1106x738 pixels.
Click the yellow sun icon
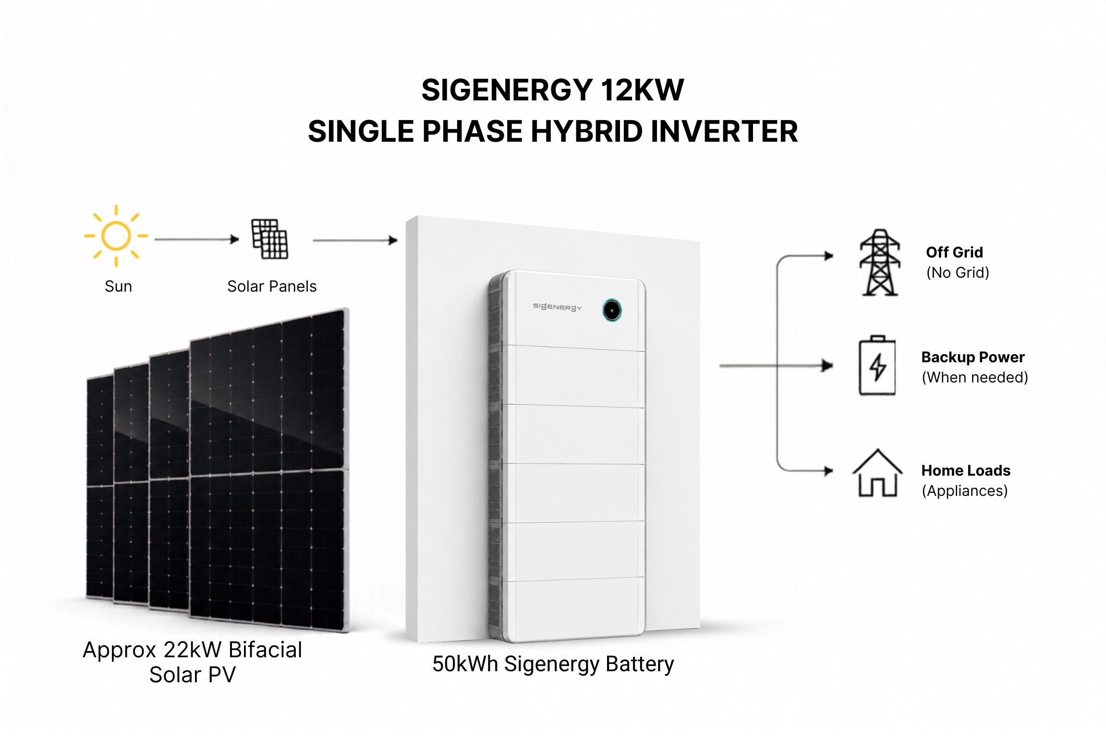(116, 235)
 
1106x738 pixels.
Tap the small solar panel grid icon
(270, 239)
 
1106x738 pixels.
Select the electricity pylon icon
(880, 262)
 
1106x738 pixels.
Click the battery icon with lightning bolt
(877, 366)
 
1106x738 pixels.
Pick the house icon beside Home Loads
(877, 473)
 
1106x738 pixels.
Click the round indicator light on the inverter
(612, 310)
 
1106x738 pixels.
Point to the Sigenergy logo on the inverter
(557, 307)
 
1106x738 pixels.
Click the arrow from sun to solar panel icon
(196, 239)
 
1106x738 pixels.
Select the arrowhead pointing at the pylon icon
(828, 256)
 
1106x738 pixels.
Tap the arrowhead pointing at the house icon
(828, 471)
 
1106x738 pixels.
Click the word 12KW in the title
(642, 90)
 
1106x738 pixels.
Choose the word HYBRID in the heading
(586, 132)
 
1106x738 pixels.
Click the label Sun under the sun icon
(118, 286)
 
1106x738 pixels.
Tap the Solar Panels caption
(272, 286)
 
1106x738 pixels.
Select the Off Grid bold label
(954, 252)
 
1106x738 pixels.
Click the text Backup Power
(973, 357)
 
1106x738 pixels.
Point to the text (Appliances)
(964, 491)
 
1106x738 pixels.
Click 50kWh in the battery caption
(465, 664)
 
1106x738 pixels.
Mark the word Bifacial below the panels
(265, 650)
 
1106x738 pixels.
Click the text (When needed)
(975, 378)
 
